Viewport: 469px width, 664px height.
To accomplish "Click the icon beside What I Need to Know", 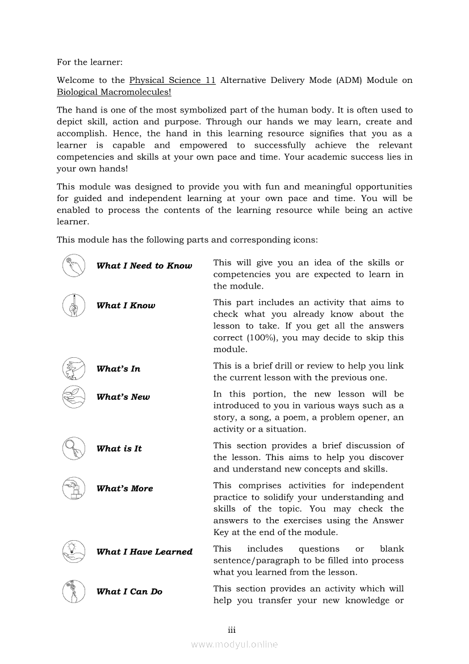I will tap(74, 266).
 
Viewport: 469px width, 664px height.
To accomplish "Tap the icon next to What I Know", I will tap(74, 306).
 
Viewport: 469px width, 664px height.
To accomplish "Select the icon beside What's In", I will tap(74, 369).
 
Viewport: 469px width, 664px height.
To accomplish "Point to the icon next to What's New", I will tap(74, 397).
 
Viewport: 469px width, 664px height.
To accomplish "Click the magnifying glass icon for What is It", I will tap(74, 449).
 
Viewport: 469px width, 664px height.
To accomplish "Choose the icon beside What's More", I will tap(74, 488).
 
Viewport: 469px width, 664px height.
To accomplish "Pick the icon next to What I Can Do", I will tap(74, 591).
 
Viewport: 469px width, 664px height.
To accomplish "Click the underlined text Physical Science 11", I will tap(172, 81).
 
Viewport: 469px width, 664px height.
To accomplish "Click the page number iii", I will tap(232, 630).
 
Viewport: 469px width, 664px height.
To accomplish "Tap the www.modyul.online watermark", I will tap(235, 644).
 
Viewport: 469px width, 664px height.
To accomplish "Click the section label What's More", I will tap(125, 488).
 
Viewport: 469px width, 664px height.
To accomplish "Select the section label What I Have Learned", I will tap(144, 552).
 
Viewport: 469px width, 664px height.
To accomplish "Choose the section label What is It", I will tap(119, 449).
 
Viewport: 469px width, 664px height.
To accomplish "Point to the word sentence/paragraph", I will tap(259, 561).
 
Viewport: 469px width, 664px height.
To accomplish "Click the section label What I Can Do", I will tap(129, 591).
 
